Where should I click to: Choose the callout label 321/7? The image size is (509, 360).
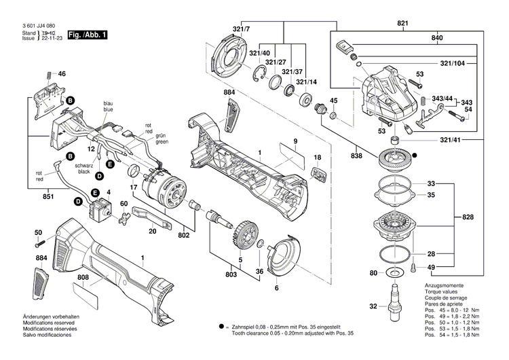coord(241,29)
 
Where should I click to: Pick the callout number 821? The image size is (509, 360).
coord(404,24)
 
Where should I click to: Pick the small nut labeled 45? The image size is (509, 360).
coord(333,116)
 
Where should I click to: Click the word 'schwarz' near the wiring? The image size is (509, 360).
coord(83,166)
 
